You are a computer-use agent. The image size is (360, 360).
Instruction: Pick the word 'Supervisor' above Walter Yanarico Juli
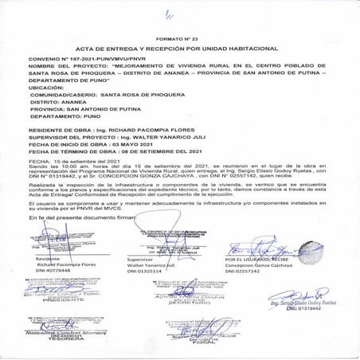(x=140, y=260)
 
